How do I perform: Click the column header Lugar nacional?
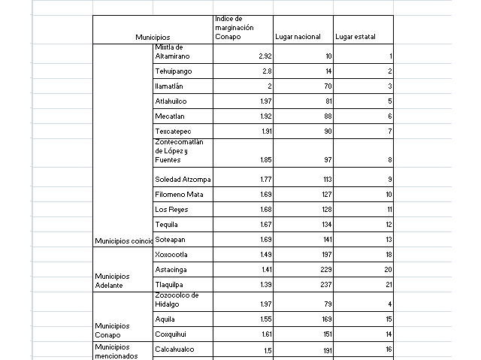(301, 37)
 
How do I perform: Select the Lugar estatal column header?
(355, 37)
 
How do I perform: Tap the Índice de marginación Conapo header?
(234, 27)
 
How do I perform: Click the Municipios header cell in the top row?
(153, 37)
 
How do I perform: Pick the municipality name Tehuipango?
(174, 71)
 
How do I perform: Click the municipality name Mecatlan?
(170, 116)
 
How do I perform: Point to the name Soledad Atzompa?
(183, 180)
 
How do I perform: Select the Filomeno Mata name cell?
(179, 195)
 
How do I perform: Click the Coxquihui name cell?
(172, 334)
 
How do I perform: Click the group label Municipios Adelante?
(113, 281)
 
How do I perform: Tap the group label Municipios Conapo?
(113, 330)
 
